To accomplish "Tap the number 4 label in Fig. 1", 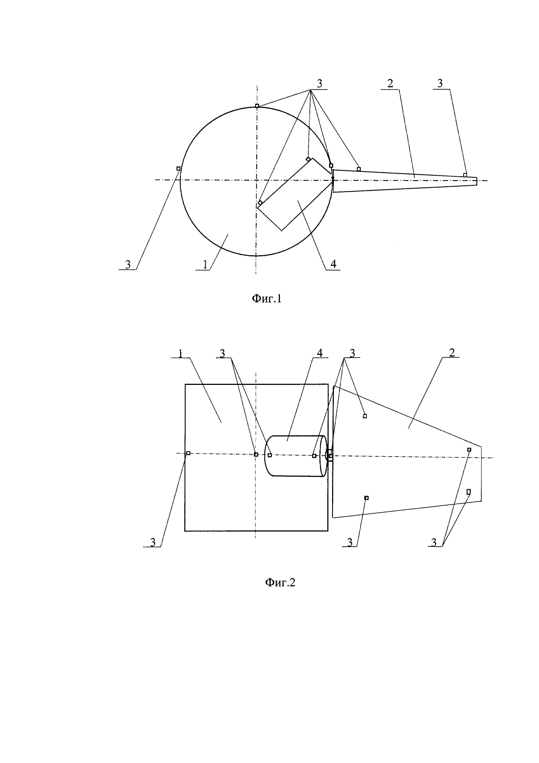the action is coord(333,264).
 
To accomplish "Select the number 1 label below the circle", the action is coord(205,265).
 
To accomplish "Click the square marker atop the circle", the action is coord(257,106).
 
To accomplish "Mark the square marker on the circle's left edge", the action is coord(178,168).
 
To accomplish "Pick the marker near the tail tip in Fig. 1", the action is coord(465,175).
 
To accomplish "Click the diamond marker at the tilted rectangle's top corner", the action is coord(308,159).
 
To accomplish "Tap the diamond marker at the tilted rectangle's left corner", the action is coord(260,203).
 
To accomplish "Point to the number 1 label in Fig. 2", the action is coord(180,354).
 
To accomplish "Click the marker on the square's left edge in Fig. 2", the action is coord(188,453).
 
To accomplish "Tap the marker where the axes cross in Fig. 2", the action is coord(256,454).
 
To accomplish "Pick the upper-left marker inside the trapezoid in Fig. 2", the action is coord(365,416).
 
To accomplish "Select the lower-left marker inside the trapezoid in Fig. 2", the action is coord(366,498).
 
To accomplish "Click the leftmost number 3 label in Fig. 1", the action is coord(128,265).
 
